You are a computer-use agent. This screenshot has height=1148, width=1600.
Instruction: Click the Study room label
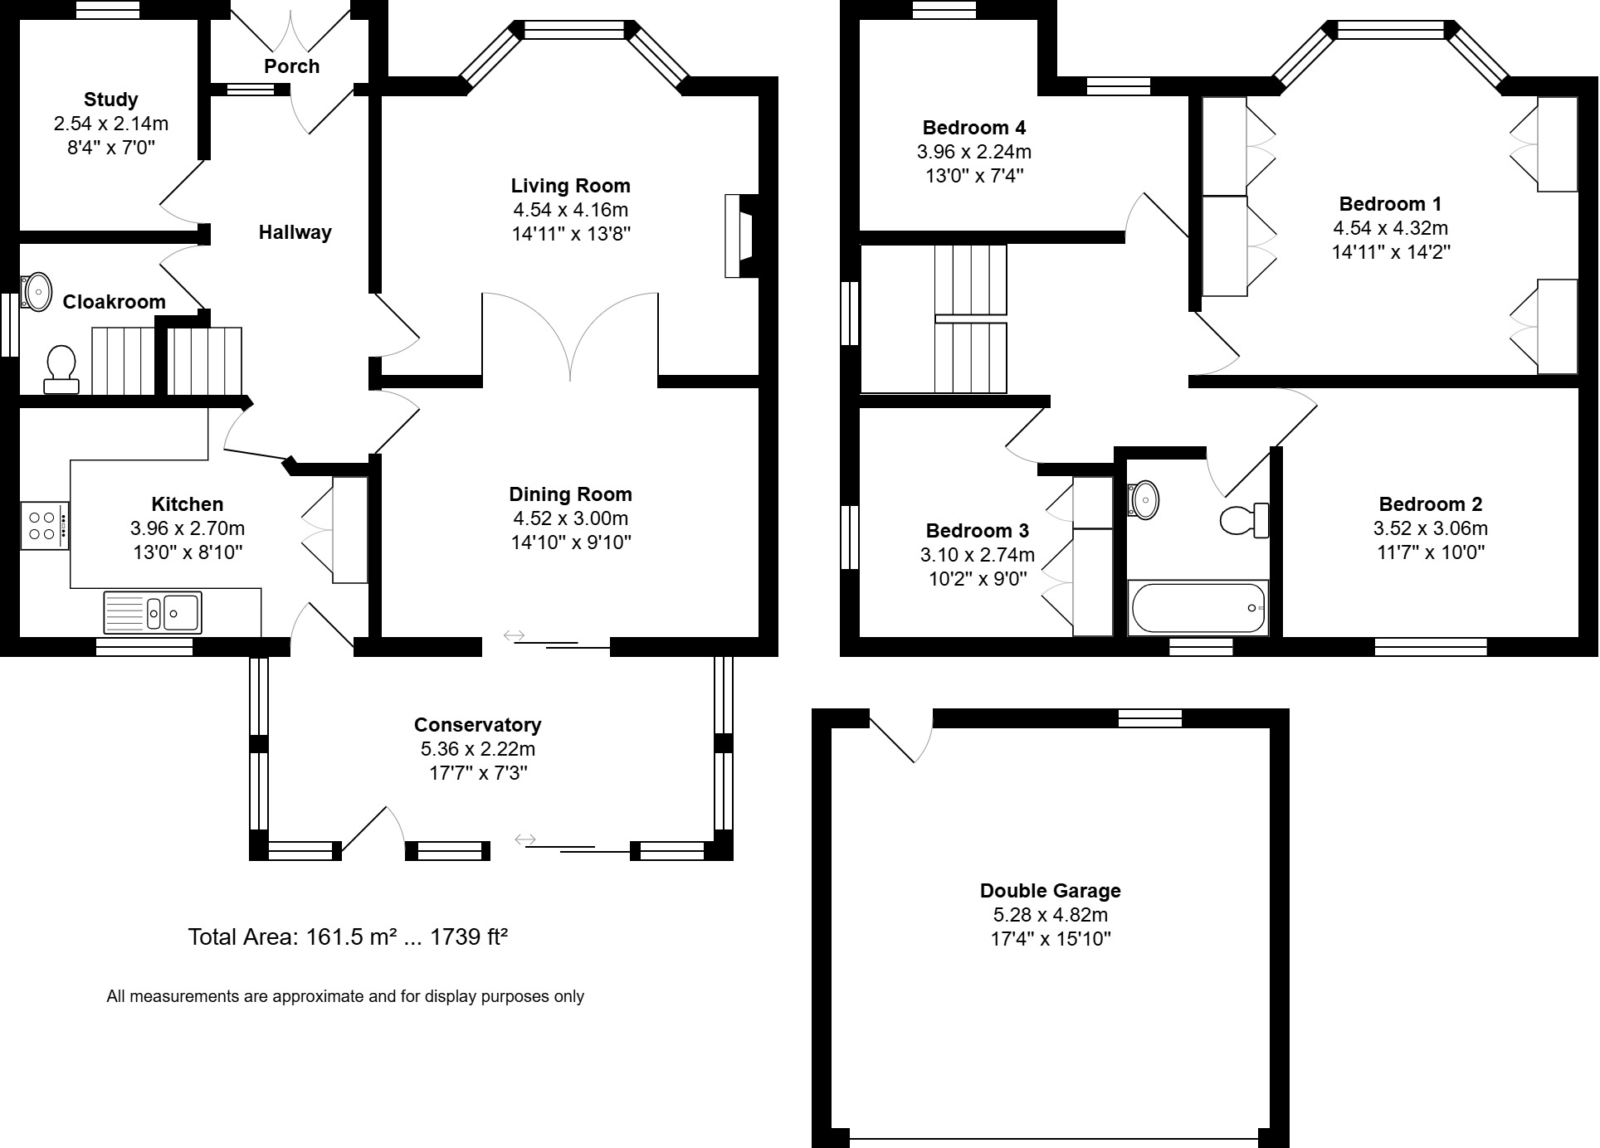coord(110,100)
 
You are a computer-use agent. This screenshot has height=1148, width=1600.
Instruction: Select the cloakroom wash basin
coord(37,291)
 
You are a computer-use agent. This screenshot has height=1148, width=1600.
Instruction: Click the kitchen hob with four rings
coord(45,524)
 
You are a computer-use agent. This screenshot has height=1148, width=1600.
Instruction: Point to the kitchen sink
coord(152,613)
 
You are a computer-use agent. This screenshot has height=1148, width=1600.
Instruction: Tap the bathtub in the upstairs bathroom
coord(1198,608)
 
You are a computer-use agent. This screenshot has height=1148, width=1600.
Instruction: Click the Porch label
coord(291,66)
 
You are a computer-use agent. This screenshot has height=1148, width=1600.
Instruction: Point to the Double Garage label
coord(1050,891)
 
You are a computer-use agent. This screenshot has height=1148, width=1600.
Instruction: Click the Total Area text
coord(348,937)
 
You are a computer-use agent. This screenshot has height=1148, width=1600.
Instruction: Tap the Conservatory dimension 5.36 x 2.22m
coord(477,749)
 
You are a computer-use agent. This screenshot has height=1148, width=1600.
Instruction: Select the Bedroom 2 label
coord(1430,504)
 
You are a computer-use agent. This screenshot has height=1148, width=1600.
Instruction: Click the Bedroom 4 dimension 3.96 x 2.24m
coord(973,152)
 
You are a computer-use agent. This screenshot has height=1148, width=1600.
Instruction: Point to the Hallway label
coord(295,232)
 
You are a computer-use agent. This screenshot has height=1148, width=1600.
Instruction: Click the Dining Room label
coord(570,494)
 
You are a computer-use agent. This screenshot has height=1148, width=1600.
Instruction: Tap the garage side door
coord(901,736)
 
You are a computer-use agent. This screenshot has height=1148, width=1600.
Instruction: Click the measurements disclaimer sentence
coord(345,996)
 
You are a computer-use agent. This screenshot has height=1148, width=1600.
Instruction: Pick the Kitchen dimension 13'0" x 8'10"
coord(188,552)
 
